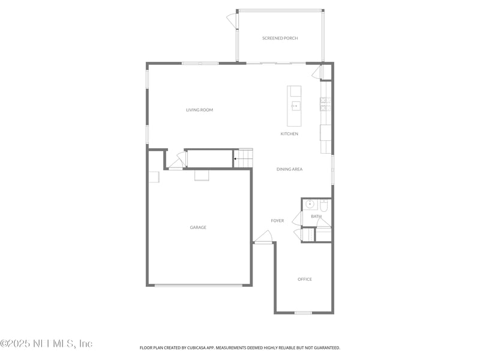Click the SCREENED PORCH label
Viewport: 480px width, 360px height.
tap(280, 38)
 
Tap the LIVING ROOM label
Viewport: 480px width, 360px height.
tap(199, 110)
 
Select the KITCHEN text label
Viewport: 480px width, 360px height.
tap(289, 134)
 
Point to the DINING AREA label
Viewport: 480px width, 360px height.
tap(289, 169)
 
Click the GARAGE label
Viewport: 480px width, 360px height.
tap(198, 227)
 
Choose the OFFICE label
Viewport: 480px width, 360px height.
tap(305, 279)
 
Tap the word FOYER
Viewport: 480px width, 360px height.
tap(277, 221)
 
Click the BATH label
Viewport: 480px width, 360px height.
tap(316, 217)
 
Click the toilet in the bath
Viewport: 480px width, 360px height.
tap(324, 205)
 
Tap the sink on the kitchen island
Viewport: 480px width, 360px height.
tap(295, 106)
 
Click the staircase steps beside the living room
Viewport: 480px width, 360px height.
tap(243, 158)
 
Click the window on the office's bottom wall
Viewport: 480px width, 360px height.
tap(303, 313)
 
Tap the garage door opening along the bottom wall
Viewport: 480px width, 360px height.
tap(199, 286)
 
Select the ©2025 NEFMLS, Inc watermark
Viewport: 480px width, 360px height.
tap(46, 344)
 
